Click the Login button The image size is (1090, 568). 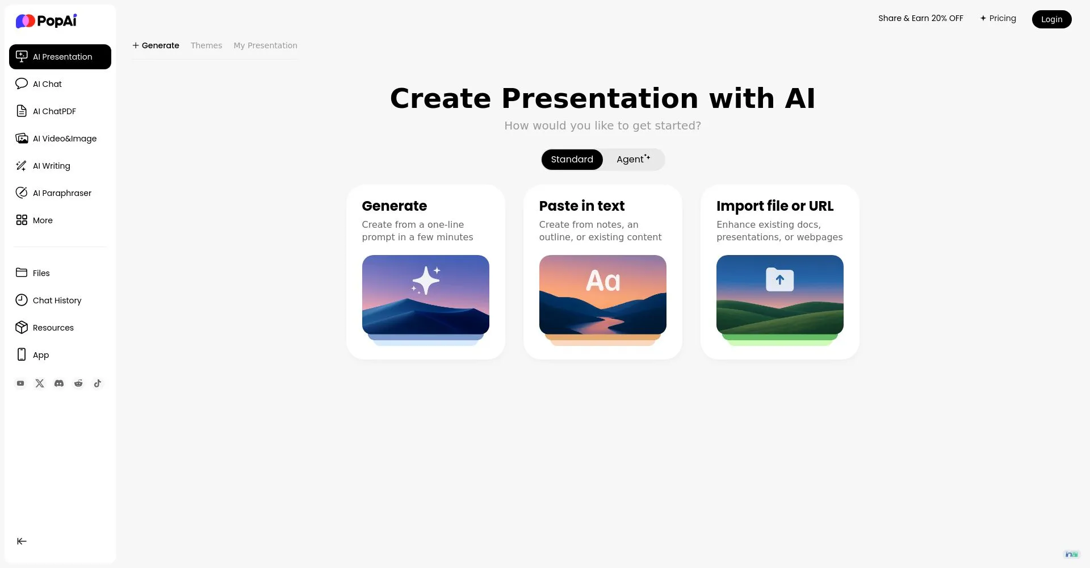tap(1051, 19)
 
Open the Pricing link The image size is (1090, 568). tap(998, 18)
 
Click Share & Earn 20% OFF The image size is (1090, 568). tap(921, 18)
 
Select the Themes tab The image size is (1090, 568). tap(206, 45)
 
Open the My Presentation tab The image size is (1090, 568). tap(265, 45)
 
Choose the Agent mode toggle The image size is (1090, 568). tap(633, 160)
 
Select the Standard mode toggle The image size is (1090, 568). tap(572, 160)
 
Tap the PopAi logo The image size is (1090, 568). tap(46, 21)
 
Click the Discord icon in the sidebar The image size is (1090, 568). tap(59, 383)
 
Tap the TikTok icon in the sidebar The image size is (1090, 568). tap(98, 383)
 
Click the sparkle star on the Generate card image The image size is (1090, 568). tap(426, 280)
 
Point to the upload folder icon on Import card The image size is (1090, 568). tap(780, 279)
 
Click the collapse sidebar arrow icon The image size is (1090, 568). tap(22, 541)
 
